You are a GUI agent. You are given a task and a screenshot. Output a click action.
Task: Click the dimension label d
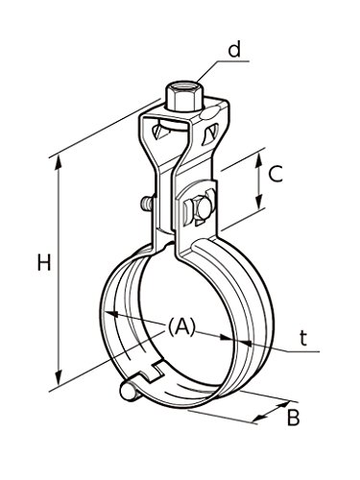(234, 51)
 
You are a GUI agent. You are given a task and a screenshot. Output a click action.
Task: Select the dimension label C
(276, 174)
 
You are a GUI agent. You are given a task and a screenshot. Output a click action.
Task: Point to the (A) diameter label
(181, 327)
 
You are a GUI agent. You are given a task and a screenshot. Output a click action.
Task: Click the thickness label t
(303, 338)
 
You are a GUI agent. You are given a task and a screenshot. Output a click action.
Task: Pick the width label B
(293, 417)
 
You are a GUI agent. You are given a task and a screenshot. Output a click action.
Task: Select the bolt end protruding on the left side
(146, 204)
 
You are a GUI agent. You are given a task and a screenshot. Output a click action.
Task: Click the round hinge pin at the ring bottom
(128, 391)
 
